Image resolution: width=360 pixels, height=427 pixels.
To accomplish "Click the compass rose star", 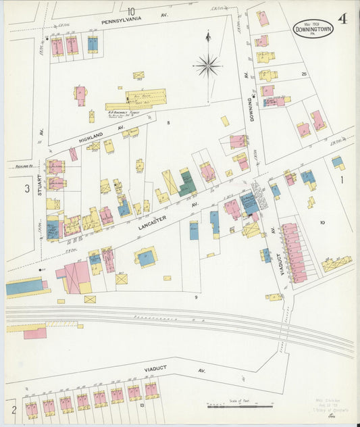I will point(207,66).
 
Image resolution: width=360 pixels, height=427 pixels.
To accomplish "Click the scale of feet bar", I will point(240,406).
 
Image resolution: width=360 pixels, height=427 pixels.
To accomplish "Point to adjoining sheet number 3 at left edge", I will point(28,189).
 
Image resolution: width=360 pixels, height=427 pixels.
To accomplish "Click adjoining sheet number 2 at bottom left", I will point(13,409).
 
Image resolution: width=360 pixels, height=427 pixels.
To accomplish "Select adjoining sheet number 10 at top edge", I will point(130,11).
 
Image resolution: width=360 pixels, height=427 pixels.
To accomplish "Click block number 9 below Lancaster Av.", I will point(197,297).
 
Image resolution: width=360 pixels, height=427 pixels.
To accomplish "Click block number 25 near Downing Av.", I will point(304,74).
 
